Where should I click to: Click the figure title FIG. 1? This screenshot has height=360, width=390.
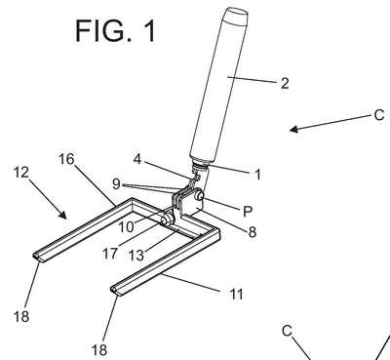pos(116,30)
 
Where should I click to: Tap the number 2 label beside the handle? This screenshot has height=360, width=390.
pos(285,84)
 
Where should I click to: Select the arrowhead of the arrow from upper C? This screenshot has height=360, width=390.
pos(293,129)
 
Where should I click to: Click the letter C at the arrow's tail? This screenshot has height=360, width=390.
pos(379,115)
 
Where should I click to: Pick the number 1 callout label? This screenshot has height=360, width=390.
pos(257,175)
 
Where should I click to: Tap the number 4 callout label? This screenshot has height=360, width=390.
pos(137,159)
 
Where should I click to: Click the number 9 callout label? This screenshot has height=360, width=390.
pos(116,184)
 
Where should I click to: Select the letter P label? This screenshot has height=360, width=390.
pos(248,212)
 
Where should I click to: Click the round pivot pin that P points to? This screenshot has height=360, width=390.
pos(199,195)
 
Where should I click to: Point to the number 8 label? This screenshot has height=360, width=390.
pos(253,232)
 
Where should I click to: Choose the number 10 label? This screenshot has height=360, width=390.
pos(126,226)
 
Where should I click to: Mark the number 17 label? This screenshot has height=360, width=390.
pos(110,254)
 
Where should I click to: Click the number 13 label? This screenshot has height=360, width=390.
pos(136,256)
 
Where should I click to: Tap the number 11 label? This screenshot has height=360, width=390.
pos(236,295)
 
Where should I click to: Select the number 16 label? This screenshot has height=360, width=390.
pos(66,159)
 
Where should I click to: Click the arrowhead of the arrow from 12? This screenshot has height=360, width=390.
pos(62,215)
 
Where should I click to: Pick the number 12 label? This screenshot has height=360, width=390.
pos(21,172)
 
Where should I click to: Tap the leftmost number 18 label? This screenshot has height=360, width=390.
pos(21,316)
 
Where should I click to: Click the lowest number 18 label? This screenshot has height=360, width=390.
pos(99,350)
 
